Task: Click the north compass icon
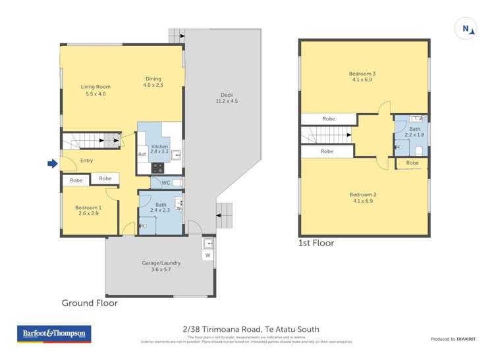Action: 466,28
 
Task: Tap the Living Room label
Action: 96,90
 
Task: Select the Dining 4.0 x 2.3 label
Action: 153,82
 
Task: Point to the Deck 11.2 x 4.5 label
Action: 226,97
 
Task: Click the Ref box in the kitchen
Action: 142,154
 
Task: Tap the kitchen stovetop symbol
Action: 158,167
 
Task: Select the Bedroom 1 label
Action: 88,210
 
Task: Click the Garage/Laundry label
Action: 161,266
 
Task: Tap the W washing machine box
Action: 208,255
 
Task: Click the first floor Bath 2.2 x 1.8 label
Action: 414,132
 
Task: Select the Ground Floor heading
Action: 90,303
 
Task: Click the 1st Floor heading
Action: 317,243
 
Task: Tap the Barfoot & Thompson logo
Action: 55,334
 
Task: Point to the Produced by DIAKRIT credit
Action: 454,339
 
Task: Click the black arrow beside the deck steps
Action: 218,216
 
